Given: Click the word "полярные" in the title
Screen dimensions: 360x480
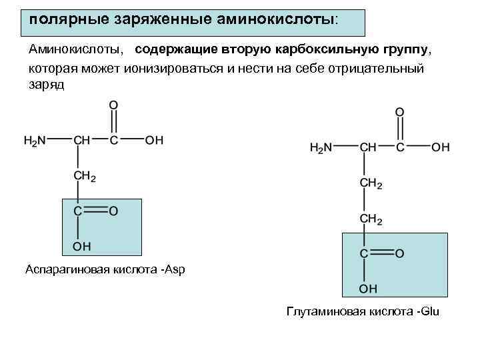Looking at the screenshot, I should pyautogui.click(x=61, y=19).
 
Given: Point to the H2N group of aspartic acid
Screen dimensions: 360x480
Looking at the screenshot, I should pyautogui.click(x=35, y=140).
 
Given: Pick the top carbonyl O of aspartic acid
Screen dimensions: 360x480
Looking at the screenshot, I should pyautogui.click(x=113, y=105).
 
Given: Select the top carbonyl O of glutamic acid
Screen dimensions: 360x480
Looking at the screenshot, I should pyautogui.click(x=399, y=111).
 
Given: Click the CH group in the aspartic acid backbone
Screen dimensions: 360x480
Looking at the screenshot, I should pyautogui.click(x=82, y=140).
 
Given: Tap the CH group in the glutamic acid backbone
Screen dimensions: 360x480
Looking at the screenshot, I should pyautogui.click(x=368, y=147).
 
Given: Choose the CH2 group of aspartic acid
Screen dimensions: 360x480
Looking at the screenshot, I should pyautogui.click(x=85, y=177).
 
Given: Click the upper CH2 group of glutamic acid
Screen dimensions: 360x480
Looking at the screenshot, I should pyautogui.click(x=371, y=183).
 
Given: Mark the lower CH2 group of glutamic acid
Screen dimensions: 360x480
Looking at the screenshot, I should pyautogui.click(x=371, y=219).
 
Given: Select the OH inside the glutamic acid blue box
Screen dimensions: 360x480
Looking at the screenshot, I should pyautogui.click(x=368, y=288).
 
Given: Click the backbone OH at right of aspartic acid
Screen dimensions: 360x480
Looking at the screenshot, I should pyautogui.click(x=153, y=140).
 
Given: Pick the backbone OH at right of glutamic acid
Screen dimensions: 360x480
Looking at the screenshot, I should pyautogui.click(x=440, y=147).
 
